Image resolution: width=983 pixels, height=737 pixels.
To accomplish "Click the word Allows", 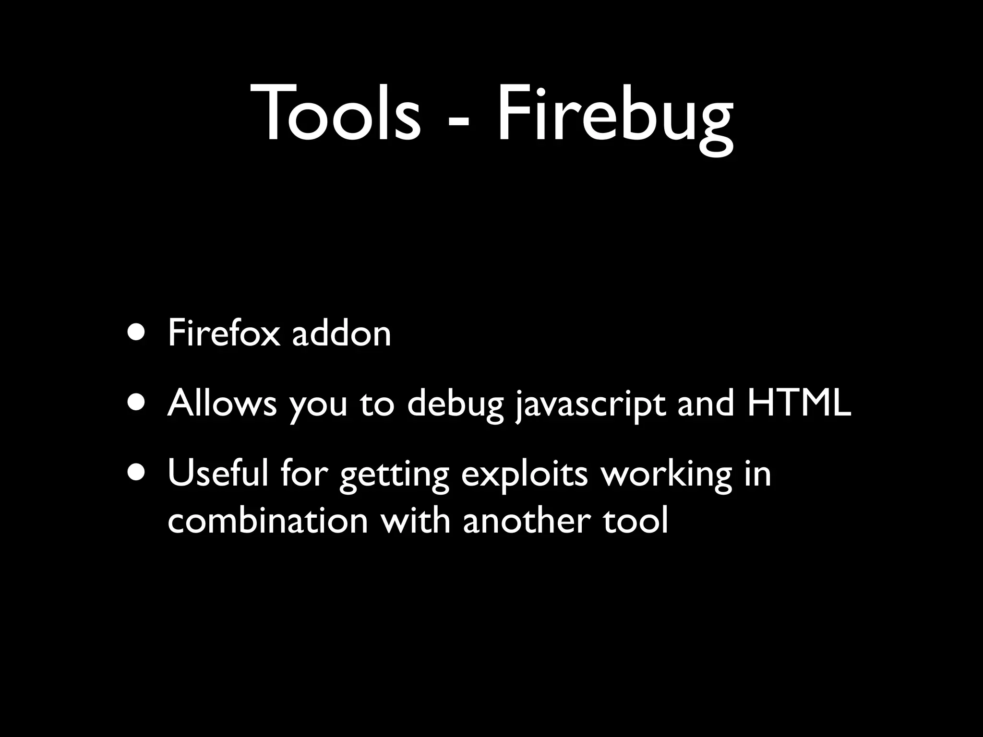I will pyautogui.click(x=222, y=403).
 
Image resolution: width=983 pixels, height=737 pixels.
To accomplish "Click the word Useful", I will pyautogui.click(x=218, y=473).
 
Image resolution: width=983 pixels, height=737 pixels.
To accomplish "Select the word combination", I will pyautogui.click(x=267, y=520).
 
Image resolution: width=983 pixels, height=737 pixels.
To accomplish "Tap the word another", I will pyautogui.click(x=527, y=520).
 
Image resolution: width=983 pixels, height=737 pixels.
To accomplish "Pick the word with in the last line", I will pyautogui.click(x=416, y=520).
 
